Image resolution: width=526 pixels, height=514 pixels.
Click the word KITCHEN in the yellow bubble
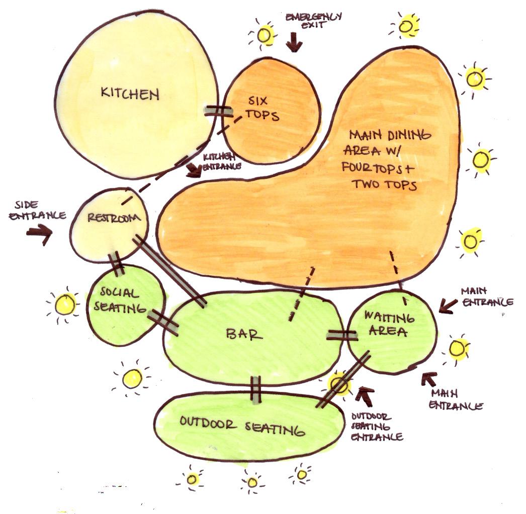[130, 93]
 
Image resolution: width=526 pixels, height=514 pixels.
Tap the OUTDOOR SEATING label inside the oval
[243, 426]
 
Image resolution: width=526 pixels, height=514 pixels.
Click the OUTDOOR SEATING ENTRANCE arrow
[365, 397]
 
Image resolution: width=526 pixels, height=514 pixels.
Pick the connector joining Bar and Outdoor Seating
[256, 390]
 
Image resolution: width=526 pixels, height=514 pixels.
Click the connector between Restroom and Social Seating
[117, 263]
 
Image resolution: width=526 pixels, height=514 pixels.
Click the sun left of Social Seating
[64, 304]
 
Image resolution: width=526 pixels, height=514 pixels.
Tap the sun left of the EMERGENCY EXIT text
[265, 34]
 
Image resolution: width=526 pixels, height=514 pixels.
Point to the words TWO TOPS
[385, 184]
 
